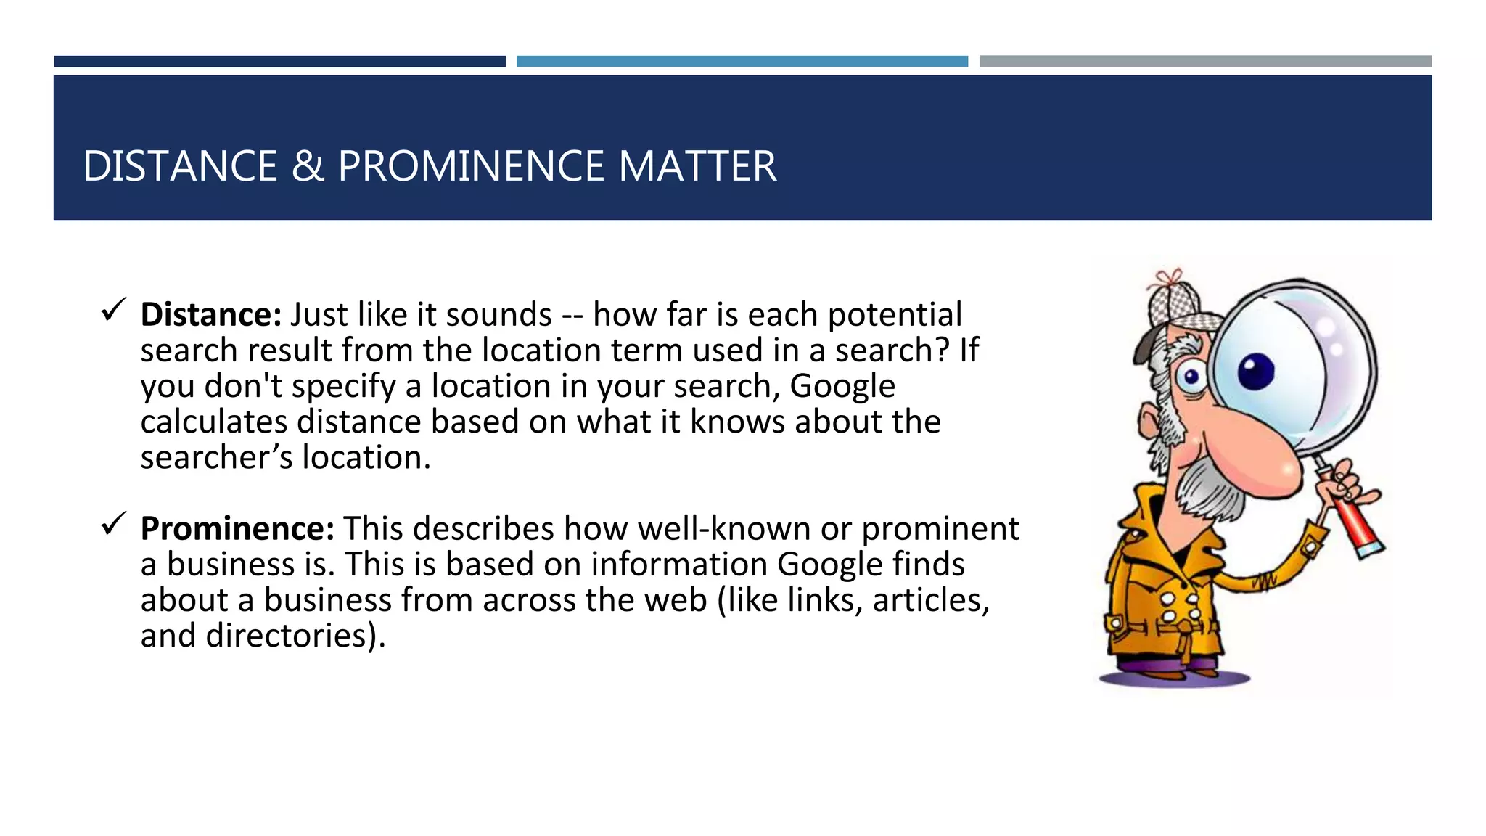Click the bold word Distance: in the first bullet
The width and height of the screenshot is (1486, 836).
[210, 315]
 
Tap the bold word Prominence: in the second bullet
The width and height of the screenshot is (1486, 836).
[237, 528]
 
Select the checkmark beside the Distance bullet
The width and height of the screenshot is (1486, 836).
[114, 310]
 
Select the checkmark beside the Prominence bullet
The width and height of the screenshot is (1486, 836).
[114, 523]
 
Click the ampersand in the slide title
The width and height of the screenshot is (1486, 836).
[308, 166]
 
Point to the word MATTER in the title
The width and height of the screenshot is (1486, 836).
[697, 166]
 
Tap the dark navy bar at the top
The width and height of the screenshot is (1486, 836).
[279, 62]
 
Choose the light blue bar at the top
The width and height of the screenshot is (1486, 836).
[742, 62]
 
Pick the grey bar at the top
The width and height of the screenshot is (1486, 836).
[1205, 62]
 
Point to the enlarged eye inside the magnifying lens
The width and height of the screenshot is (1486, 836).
[1255, 371]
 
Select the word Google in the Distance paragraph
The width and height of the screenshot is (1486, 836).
[842, 386]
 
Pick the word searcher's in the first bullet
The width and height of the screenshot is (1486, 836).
[216, 458]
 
